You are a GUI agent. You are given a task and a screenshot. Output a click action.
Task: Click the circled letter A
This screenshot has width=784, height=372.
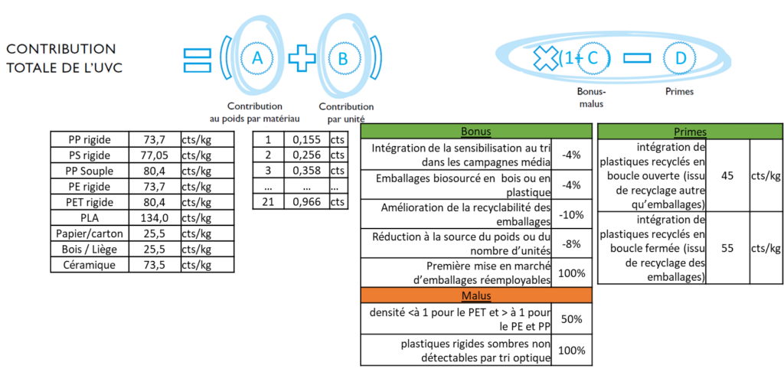pyautogui.click(x=256, y=57)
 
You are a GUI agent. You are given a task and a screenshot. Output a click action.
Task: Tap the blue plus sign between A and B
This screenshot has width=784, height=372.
pyautogui.click(x=301, y=57)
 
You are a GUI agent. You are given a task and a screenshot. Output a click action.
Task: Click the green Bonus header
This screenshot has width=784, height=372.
pyautogui.click(x=477, y=131)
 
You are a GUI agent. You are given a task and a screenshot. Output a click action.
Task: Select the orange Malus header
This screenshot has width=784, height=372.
pyautogui.click(x=477, y=296)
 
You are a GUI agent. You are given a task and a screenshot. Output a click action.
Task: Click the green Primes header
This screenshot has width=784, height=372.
pyautogui.click(x=691, y=131)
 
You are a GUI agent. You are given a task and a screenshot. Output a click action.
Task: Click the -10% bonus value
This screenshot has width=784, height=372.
pyautogui.click(x=571, y=214)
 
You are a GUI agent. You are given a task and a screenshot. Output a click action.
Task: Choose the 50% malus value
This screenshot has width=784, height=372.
pyautogui.click(x=571, y=318)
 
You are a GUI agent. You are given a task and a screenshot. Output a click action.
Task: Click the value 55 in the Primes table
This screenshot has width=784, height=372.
pyautogui.click(x=728, y=248)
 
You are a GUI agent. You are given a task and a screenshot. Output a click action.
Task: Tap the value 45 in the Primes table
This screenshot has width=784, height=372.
pyautogui.click(x=728, y=175)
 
